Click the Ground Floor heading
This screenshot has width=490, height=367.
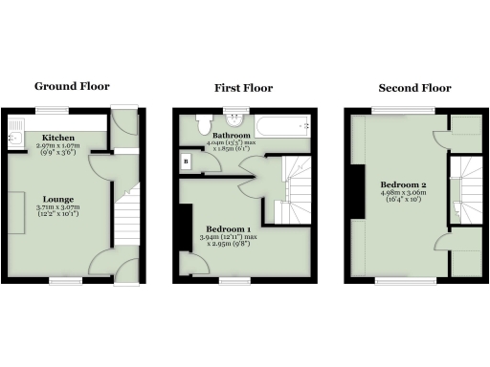pyautogui.click(x=72, y=86)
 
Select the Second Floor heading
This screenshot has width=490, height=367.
pyautogui.click(x=411, y=88)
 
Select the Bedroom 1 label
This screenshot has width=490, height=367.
pyautogui.click(x=234, y=230)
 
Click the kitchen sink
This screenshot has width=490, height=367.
pyautogui.click(x=16, y=140)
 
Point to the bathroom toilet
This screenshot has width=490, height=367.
pyautogui.click(x=203, y=124)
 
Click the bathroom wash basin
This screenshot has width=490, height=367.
pyautogui.click(x=234, y=122)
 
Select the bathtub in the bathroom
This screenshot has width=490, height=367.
pyautogui.click(x=282, y=123)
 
